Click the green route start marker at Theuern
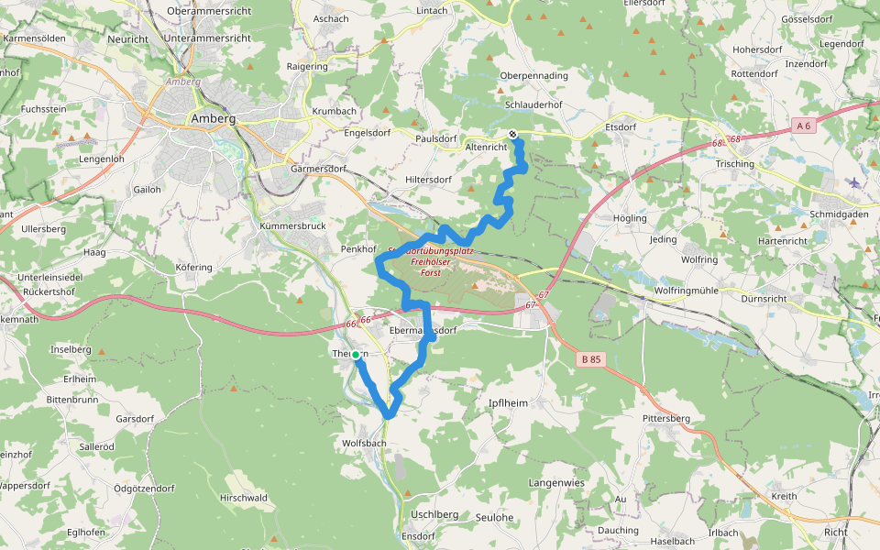356,354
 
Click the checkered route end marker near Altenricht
513,135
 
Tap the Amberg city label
213,119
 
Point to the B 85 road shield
591,360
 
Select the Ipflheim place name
509,402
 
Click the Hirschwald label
243,498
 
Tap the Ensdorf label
417,536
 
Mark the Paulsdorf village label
435,138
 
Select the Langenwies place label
556,482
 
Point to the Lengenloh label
101,159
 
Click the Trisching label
734,164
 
